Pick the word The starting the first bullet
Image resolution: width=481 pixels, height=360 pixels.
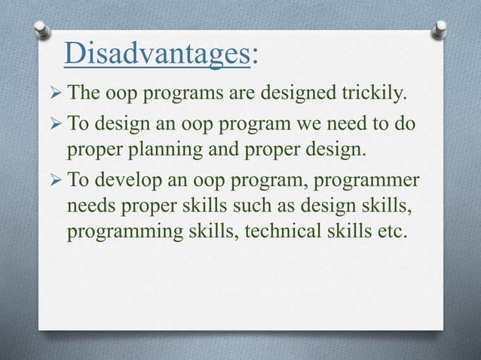point(84,94)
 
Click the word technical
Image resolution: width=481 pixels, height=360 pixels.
point(283,238)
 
